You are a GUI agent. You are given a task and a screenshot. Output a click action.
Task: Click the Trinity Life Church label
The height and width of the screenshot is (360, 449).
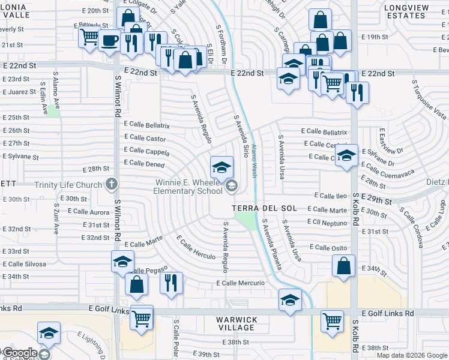[69, 185]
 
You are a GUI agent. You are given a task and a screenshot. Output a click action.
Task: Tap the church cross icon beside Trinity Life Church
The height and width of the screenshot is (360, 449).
[111, 184]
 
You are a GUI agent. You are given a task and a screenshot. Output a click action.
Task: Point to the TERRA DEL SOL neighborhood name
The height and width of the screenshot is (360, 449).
[265, 208]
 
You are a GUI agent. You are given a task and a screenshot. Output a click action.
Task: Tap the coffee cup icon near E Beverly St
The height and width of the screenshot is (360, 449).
[109, 41]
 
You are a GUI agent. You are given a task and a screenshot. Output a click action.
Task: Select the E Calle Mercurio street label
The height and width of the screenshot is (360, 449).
[241, 283]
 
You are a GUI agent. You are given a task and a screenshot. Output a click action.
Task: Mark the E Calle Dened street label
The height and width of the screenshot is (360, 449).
[144, 163]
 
